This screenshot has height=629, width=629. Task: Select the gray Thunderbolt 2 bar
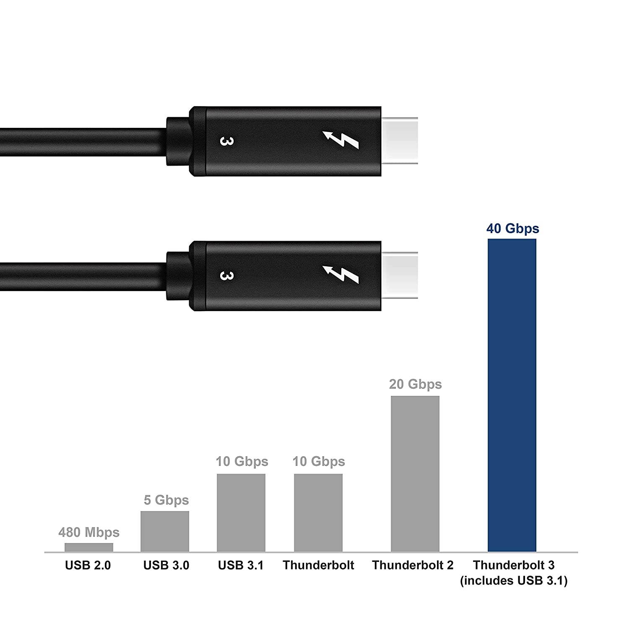click(x=415, y=473)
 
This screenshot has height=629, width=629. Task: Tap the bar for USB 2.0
click(x=89, y=547)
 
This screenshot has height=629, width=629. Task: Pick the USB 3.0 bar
click(x=165, y=531)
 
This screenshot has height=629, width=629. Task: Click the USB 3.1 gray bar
click(x=241, y=512)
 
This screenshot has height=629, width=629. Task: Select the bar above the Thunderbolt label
click(x=318, y=512)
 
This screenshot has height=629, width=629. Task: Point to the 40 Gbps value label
click(x=512, y=229)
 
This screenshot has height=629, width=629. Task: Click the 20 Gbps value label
click(x=415, y=384)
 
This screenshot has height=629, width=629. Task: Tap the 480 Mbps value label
click(x=89, y=533)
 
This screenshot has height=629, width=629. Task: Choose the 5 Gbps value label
click(x=166, y=500)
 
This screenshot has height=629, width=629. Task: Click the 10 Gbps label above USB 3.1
click(x=242, y=461)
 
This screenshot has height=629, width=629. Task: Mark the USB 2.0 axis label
click(x=88, y=565)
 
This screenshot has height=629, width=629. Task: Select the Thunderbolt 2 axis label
click(x=413, y=565)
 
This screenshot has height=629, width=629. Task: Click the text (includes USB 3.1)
click(x=514, y=581)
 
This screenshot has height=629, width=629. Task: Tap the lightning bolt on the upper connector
click(x=340, y=141)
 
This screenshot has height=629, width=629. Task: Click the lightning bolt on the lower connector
click(x=340, y=276)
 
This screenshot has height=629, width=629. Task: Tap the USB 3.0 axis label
click(x=166, y=565)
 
